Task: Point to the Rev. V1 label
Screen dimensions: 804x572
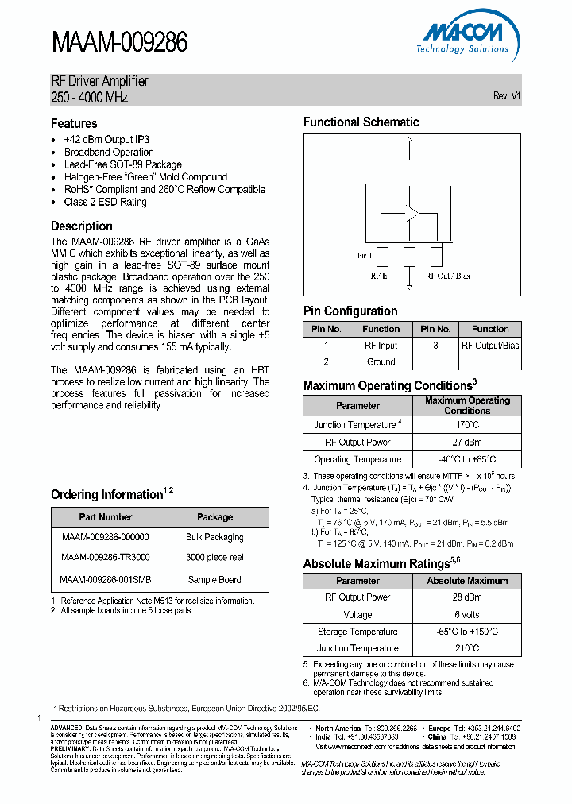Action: tap(506, 95)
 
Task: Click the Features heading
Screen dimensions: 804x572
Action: tap(74, 123)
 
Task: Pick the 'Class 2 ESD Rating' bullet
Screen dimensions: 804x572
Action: tap(105, 202)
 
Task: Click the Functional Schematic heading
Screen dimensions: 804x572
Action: tap(361, 122)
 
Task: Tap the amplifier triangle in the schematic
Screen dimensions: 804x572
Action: tap(411, 213)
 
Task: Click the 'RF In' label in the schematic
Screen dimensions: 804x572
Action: tap(380, 276)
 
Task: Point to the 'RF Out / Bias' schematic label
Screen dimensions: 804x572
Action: tap(447, 276)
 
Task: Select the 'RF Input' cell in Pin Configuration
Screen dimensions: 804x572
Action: tap(381, 346)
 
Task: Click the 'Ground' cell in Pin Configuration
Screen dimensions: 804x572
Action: tap(381, 361)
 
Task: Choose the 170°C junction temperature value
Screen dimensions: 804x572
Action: tap(467, 425)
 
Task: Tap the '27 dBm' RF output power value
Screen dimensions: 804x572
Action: tap(467, 443)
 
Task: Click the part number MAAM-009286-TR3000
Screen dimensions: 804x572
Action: tap(105, 558)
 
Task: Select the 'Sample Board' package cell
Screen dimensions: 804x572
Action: tap(214, 580)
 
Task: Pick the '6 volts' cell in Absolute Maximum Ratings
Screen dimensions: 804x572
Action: tap(467, 614)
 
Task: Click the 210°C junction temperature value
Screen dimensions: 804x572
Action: tap(467, 648)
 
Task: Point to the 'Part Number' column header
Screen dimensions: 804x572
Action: tap(106, 516)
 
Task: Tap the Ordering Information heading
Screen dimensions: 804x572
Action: tap(106, 494)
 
